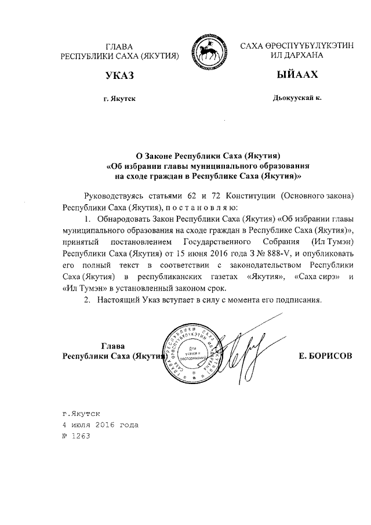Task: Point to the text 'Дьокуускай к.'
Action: pos(297,99)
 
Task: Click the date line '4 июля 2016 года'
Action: pos(101,425)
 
